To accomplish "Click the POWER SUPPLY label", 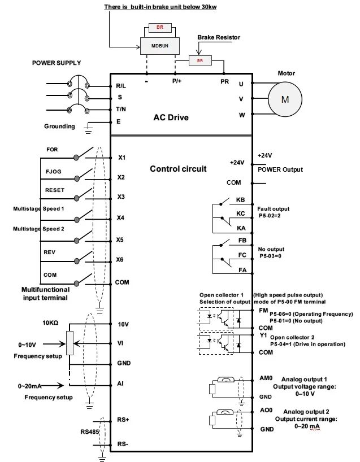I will pos(56,63).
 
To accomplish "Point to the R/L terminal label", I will pos(121,86).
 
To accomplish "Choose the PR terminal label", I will pos(224,81).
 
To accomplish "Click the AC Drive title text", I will pos(171,118).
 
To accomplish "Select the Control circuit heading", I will pos(178,168).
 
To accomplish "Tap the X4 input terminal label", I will pos(121,217).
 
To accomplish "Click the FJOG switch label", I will pos(53,169).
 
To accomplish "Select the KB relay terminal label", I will pos(240,200).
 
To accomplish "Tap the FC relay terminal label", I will pos(241,255).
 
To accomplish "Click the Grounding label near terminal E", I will pos(59,127).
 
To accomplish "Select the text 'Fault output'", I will pos(274,208).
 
